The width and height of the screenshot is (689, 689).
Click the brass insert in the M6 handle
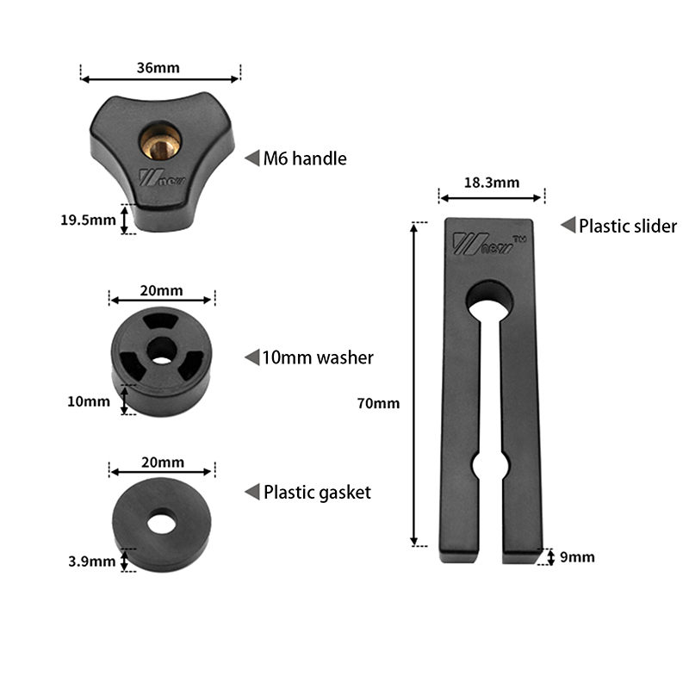coord(160,141)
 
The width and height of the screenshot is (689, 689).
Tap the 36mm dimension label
coord(158,68)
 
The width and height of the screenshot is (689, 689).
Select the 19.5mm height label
coord(88,220)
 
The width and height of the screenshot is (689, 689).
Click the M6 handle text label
coord(305,158)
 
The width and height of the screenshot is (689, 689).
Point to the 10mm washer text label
coord(318,357)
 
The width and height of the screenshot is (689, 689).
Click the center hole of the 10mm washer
coord(162,351)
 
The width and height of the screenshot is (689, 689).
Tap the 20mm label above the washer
coord(161,290)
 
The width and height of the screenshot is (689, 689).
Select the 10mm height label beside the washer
coord(89,401)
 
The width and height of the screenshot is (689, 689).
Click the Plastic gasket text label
coord(317,493)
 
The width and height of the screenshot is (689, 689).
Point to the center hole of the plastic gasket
coord(162,522)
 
